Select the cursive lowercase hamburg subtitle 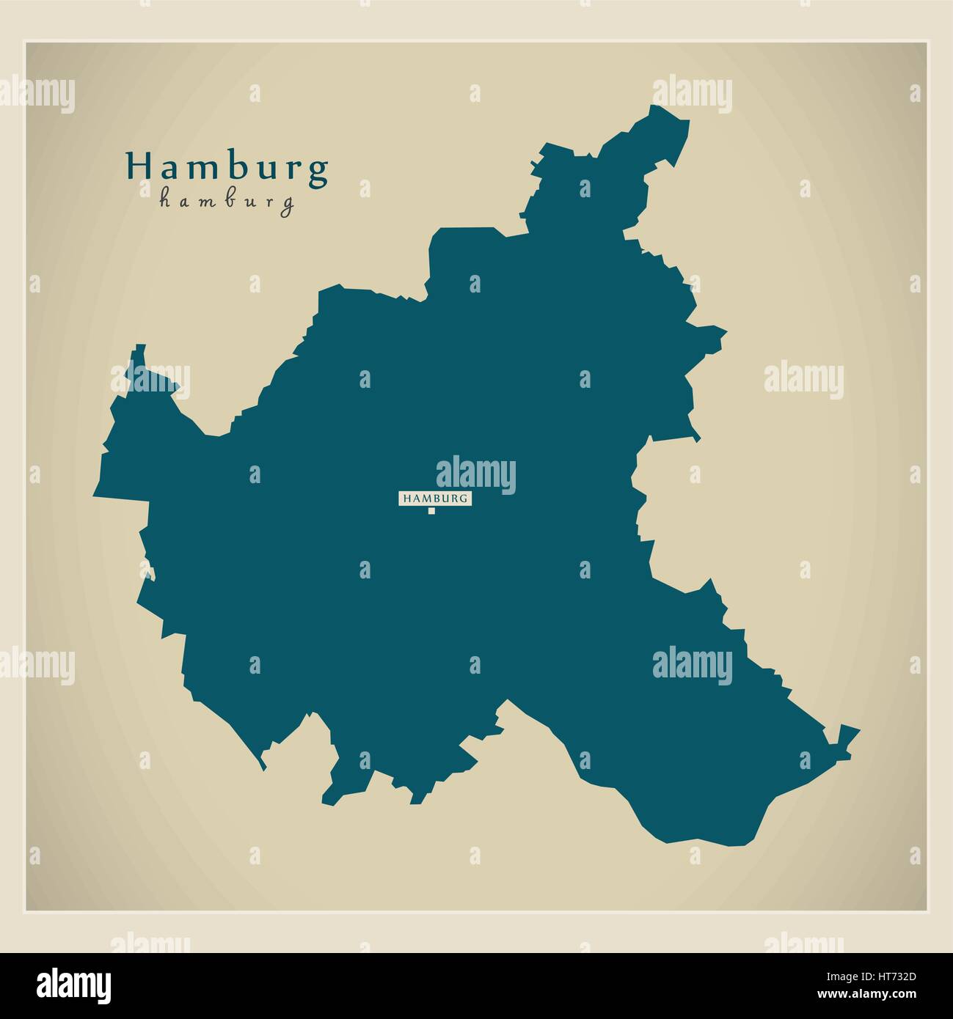tap(227, 201)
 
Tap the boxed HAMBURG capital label tap(434, 499)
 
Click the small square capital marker tap(432, 511)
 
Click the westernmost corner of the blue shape tap(95, 496)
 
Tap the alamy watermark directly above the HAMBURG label tap(476, 474)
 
